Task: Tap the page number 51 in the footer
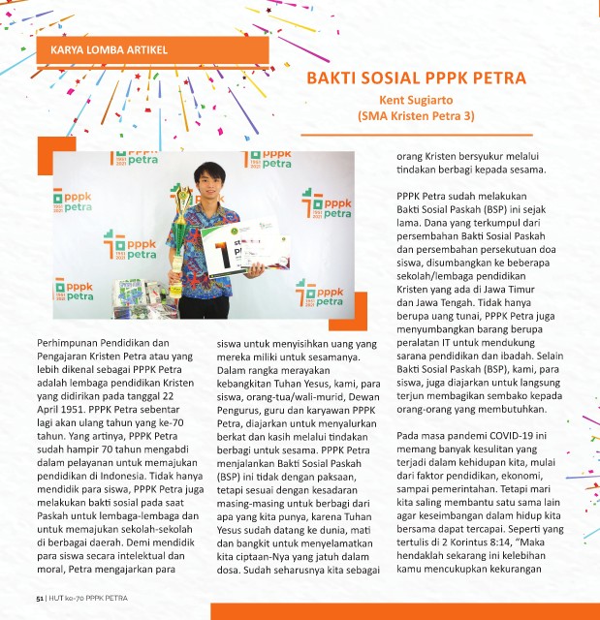coord(40,601)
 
